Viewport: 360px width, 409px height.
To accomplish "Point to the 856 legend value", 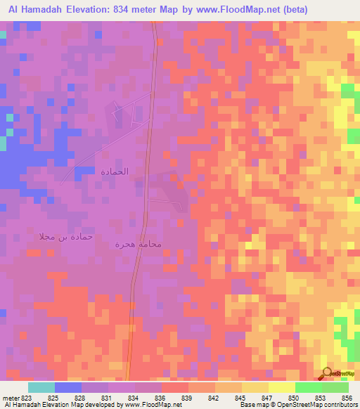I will [x=348, y=397].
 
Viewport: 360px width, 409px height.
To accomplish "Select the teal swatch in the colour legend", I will [x=41, y=387].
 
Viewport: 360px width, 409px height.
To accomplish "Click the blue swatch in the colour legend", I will [x=68, y=387].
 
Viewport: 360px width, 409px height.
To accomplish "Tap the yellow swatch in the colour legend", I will [x=282, y=387].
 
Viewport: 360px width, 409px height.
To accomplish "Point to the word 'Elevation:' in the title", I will [x=122, y=8].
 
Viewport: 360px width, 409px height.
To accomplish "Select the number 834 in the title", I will [x=163, y=8].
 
